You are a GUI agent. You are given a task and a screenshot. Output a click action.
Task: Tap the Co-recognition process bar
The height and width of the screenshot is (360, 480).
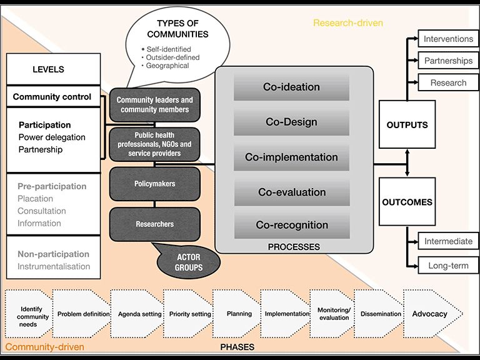point(291,225)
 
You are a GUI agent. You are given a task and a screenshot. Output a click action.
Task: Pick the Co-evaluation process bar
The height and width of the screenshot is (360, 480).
point(291,192)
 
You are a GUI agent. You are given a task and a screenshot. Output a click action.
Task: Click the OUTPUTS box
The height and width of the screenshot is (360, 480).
point(407,125)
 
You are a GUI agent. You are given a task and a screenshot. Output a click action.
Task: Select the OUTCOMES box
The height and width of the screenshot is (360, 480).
point(407,202)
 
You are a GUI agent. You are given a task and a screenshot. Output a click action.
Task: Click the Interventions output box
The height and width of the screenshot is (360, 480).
point(448,39)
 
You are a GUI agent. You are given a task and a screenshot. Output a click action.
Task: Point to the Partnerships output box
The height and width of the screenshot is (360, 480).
point(448,61)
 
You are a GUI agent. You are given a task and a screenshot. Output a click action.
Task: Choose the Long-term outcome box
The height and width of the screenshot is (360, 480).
point(448,266)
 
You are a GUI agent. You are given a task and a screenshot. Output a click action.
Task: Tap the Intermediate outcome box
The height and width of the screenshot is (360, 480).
point(448,241)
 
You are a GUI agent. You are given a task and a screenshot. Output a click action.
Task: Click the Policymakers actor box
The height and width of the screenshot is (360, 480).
point(155,184)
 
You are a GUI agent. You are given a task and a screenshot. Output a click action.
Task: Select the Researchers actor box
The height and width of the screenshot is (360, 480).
point(155,224)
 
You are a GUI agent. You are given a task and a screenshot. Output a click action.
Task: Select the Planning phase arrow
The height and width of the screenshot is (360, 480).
point(239,314)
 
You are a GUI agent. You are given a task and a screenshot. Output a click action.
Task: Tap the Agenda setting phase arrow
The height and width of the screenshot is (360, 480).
point(139,314)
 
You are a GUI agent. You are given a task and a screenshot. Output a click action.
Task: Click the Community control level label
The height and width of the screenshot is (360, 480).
point(52,97)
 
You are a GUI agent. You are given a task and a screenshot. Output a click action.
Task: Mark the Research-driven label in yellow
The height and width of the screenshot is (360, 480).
point(347,23)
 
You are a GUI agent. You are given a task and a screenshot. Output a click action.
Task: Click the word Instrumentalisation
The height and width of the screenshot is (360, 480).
point(54,266)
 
